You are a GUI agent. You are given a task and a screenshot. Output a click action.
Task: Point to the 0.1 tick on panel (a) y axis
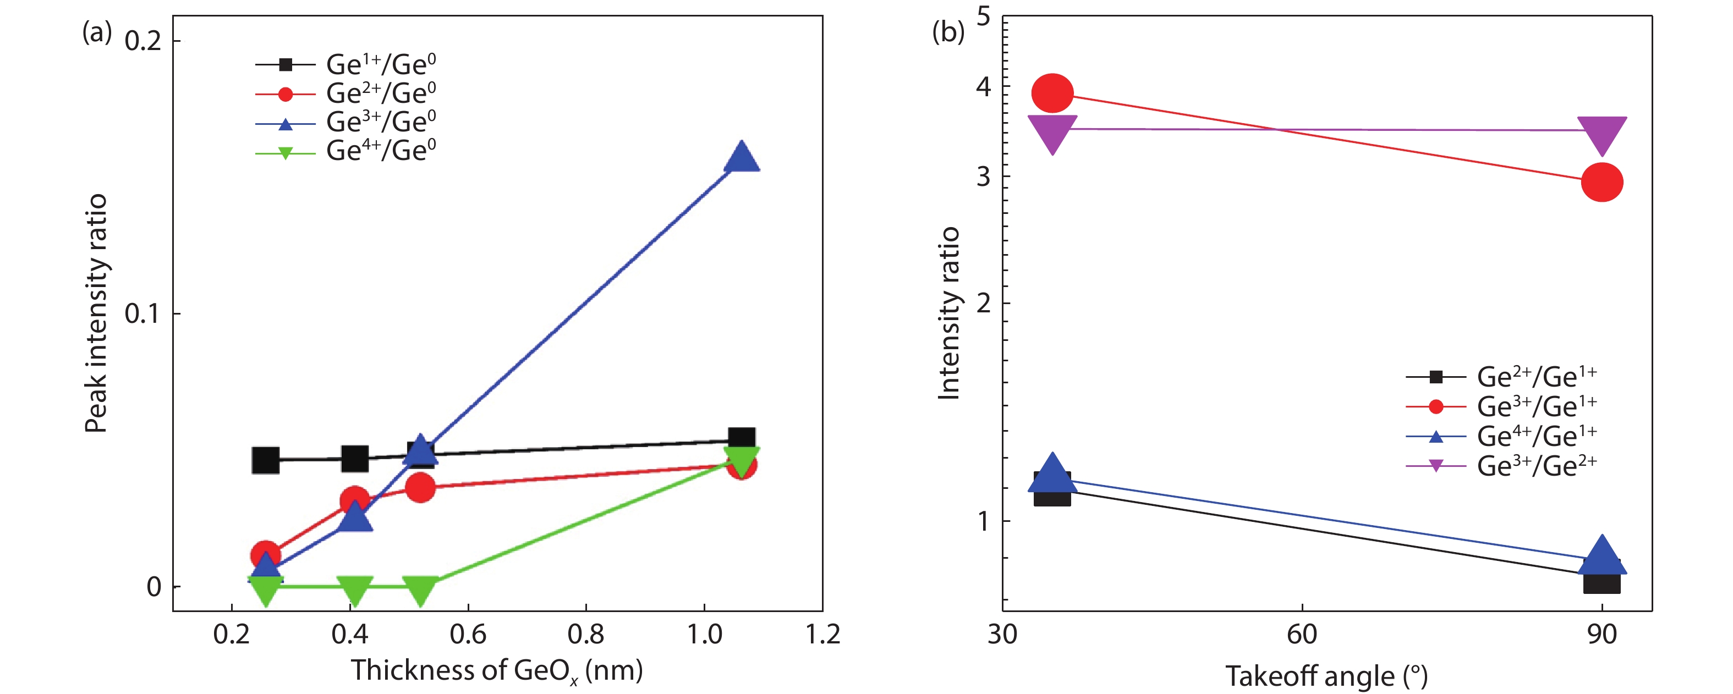(142, 313)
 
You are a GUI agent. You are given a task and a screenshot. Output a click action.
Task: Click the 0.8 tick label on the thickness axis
(585, 634)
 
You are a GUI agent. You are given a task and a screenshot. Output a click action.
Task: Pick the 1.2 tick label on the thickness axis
(822, 634)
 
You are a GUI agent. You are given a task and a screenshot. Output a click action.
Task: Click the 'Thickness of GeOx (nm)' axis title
(496, 670)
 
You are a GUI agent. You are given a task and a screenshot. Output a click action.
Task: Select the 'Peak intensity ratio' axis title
(96, 313)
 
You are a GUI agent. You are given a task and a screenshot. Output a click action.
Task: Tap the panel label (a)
(96, 31)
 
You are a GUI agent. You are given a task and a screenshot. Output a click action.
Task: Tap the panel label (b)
(948, 31)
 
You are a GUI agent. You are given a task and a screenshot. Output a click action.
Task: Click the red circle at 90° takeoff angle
(1602, 182)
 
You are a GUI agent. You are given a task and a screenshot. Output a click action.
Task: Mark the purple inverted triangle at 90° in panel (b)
(1602, 134)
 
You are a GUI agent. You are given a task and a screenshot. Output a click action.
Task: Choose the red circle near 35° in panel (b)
(1052, 93)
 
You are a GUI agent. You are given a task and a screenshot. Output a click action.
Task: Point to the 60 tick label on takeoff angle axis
(1302, 634)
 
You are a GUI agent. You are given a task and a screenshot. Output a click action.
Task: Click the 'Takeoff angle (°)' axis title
(1326, 676)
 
